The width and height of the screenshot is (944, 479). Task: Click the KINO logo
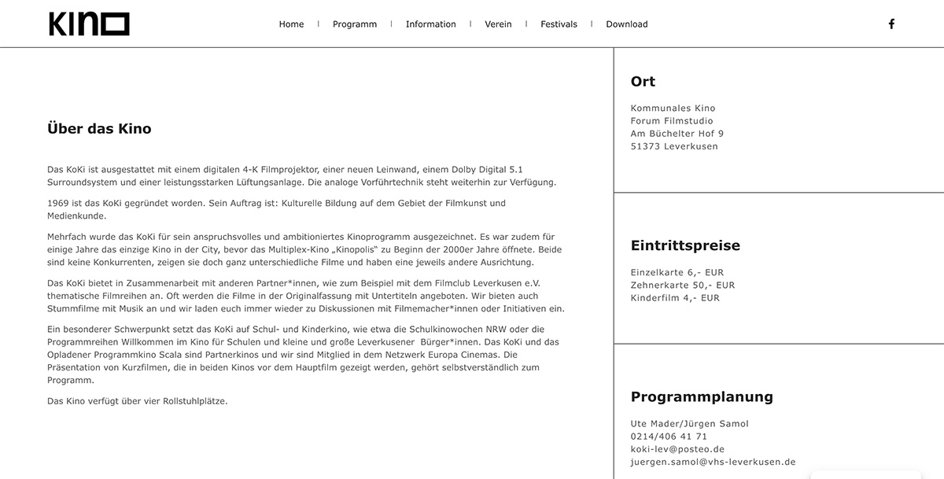coord(89,24)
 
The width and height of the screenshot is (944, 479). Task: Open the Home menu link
coord(291,24)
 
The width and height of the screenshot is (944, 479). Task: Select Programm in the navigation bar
coord(355,24)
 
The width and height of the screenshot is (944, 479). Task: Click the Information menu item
coord(430,24)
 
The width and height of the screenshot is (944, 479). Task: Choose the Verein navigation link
coord(498,24)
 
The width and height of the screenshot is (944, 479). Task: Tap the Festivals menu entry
coord(559,24)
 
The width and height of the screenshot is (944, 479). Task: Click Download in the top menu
coord(627,24)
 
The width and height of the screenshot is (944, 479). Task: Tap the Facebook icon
coord(891,24)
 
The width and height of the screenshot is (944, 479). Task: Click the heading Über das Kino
coord(99,129)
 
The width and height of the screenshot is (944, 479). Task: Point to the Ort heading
coord(643,82)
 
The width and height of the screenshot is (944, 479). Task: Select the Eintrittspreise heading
coord(685,245)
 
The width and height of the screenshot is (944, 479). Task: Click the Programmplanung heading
coord(702,396)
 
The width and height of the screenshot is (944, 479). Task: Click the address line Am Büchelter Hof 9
coord(677,134)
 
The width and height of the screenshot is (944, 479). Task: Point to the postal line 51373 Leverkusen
coord(674,146)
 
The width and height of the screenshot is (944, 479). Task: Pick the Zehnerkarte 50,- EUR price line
coord(682,286)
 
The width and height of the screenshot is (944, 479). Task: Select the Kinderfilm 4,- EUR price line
coord(675,298)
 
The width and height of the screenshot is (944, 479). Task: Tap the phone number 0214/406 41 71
coord(669,437)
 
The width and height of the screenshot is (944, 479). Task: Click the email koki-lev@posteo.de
coord(677,449)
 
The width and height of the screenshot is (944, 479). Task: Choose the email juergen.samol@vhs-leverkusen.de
coord(713,462)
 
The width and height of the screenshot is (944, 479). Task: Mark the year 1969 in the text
coord(59,203)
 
